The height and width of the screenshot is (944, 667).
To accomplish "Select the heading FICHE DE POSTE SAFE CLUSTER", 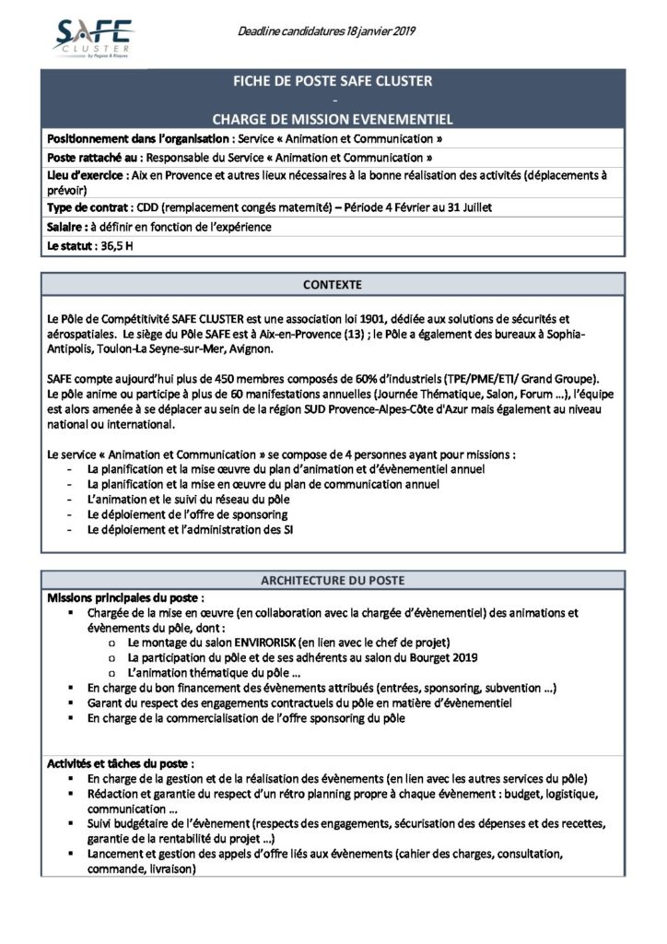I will click(333, 82).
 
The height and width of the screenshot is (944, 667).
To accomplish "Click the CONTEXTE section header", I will click(333, 284).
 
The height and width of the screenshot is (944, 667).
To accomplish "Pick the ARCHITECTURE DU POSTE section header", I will click(333, 580).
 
